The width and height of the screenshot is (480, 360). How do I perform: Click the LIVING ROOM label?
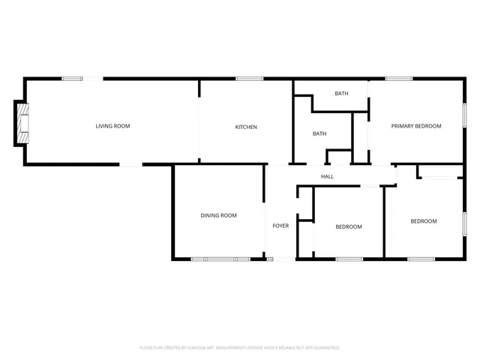tap(112, 126)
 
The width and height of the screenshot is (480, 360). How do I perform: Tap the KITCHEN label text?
tap(246, 127)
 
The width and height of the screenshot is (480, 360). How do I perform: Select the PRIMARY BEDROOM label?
tap(415, 126)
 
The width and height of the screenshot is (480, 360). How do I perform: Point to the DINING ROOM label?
tap(218, 215)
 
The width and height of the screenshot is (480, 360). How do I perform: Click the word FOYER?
tap(280, 226)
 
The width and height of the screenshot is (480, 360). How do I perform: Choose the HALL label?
tap(327, 176)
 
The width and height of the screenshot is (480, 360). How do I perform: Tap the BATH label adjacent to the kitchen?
tap(319, 133)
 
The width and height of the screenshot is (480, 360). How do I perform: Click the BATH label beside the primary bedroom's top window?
tap(341, 94)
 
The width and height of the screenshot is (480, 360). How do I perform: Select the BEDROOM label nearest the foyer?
tap(349, 226)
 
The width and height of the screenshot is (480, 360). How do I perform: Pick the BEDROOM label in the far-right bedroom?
tap(423, 221)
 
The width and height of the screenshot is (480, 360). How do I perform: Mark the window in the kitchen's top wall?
tap(249, 79)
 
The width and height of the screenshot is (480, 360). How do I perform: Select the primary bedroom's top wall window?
tap(399, 79)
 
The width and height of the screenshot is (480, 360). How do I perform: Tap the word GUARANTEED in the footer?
tap(325, 348)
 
